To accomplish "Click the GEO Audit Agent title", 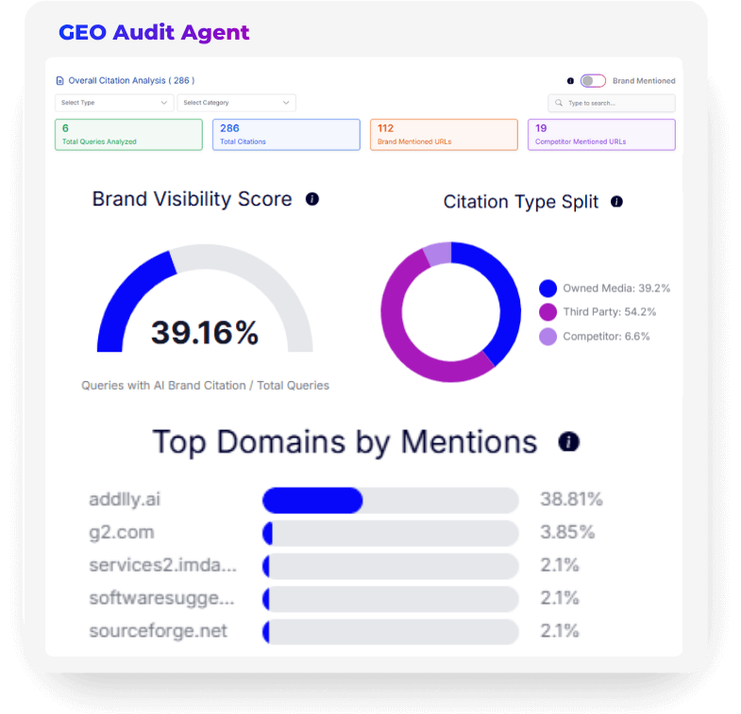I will click(x=154, y=32).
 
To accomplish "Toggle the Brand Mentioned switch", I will click(x=593, y=81).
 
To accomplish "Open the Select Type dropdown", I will click(x=114, y=103).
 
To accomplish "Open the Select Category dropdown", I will click(x=236, y=103).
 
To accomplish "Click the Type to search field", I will click(x=612, y=103).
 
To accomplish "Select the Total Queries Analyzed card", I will click(x=128, y=135).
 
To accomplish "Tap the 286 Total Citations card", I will click(x=286, y=135).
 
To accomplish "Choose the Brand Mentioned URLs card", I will click(x=444, y=135).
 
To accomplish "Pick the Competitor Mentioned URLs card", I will click(x=601, y=135).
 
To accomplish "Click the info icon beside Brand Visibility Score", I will click(x=312, y=199).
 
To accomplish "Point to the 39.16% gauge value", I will click(x=205, y=332).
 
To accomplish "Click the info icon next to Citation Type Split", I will click(x=616, y=202).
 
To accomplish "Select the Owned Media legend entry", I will click(x=604, y=289).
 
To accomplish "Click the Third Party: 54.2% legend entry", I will click(x=604, y=312).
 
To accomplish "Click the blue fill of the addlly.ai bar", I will click(x=312, y=500).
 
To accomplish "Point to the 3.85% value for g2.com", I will click(x=567, y=532).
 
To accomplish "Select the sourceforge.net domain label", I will click(x=158, y=631).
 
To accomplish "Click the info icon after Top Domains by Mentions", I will click(x=568, y=441).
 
